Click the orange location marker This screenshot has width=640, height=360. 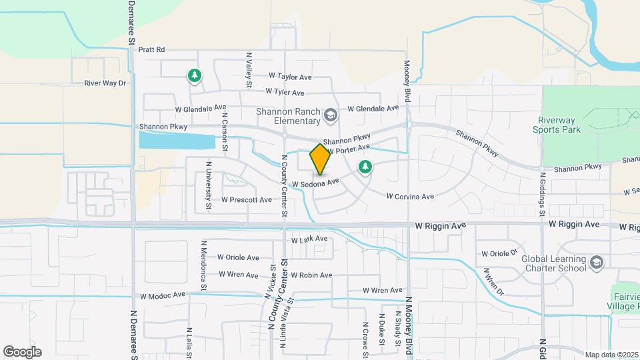point(321,159)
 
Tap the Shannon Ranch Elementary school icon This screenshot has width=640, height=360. point(330,117)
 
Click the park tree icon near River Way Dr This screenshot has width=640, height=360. point(194,76)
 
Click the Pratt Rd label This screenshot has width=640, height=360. point(151,49)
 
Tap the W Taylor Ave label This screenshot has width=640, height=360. point(290,77)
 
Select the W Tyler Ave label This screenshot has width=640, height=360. point(285,92)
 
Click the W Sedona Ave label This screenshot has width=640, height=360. point(315,181)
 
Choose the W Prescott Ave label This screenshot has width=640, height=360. point(247,199)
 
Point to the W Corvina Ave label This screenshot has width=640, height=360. point(411,196)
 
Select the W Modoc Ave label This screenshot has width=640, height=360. point(162,295)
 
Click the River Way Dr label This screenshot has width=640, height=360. point(105,83)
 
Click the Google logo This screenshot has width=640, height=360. point(22,352)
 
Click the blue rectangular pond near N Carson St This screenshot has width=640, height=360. point(177,141)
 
